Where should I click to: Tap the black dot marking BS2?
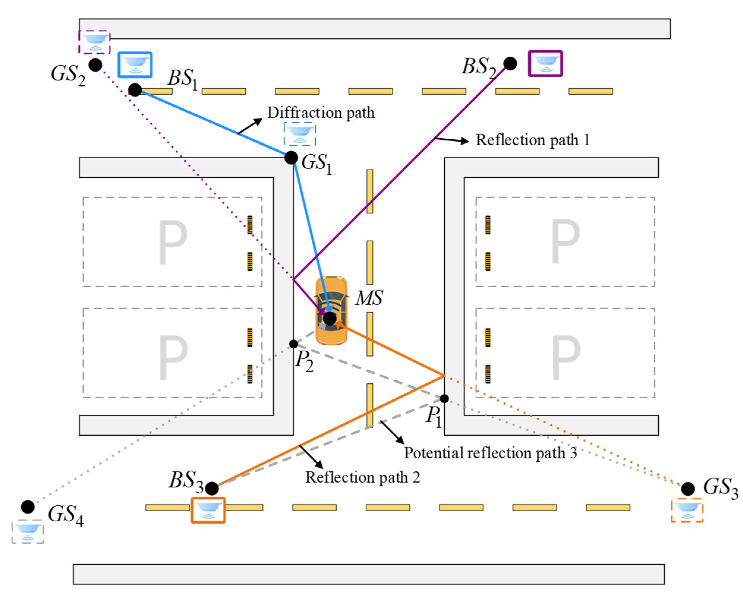tap(510, 63)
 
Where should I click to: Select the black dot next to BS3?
tap(212, 488)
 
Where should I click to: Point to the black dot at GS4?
tap(28, 507)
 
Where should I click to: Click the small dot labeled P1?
tap(444, 398)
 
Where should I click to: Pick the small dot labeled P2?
tap(294, 344)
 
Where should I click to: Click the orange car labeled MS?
tap(331, 311)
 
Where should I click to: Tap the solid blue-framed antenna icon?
tap(135, 65)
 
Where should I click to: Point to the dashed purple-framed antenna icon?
tap(94, 42)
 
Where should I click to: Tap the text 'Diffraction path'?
tap(321, 113)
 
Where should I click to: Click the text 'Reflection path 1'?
tap(532, 140)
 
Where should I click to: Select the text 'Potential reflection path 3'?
tap(490, 453)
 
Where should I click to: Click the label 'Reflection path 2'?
tap(362, 477)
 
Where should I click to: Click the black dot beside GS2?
tap(95, 65)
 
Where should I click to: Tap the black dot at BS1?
tap(135, 90)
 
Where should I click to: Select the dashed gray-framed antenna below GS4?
tap(28, 532)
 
